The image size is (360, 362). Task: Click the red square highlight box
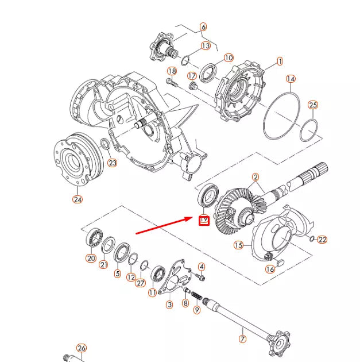203,219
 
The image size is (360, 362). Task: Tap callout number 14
291,79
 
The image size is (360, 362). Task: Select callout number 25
313,105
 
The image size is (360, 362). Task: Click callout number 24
78,199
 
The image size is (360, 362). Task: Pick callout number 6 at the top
203,27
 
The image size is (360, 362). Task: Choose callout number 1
280,60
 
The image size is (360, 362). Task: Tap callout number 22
322,240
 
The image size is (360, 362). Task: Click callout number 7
242,339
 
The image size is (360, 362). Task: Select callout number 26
81,348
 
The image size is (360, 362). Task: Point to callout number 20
91,258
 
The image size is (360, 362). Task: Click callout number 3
169,305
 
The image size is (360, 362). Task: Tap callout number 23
113,163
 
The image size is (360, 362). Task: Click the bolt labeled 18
171,83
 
